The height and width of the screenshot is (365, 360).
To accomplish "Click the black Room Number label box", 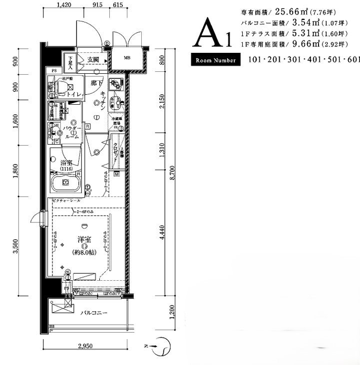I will click(x=216, y=60).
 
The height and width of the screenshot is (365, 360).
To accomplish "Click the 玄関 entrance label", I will click(x=93, y=59).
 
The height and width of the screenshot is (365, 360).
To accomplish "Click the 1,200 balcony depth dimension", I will click(x=171, y=313).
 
